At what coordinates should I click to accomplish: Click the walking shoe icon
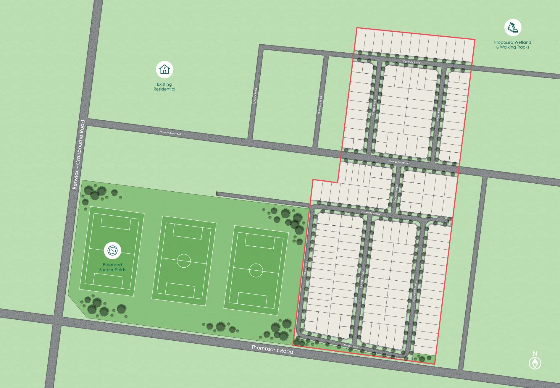tap(513, 28)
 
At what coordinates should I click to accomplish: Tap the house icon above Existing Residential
tap(164, 69)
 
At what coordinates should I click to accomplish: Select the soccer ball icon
tap(112, 250)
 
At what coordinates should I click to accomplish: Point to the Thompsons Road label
tap(272, 349)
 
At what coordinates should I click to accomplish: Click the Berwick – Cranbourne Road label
tap(78, 154)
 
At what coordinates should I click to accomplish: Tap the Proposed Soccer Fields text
tap(112, 267)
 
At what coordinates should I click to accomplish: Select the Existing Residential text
tap(164, 87)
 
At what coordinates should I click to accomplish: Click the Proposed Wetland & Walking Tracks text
tap(513, 45)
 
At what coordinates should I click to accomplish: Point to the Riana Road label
tap(438, 114)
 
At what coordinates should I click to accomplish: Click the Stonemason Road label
tap(371, 213)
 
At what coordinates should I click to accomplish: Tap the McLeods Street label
tap(396, 193)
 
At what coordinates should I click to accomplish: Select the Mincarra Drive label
tap(362, 279)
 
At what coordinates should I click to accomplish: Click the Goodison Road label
tap(320, 105)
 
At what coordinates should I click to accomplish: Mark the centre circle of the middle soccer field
tap(184, 261)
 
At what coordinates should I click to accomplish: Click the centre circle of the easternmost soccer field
tap(256, 270)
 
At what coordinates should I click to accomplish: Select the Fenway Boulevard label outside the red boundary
tap(170, 133)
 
